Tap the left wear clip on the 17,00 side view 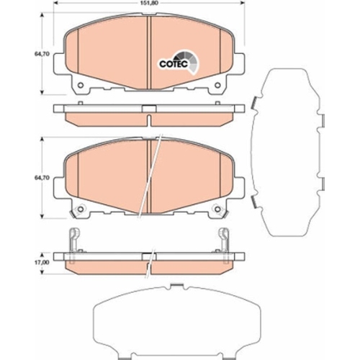pos(72,240)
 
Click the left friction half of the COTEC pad pos(108,58)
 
